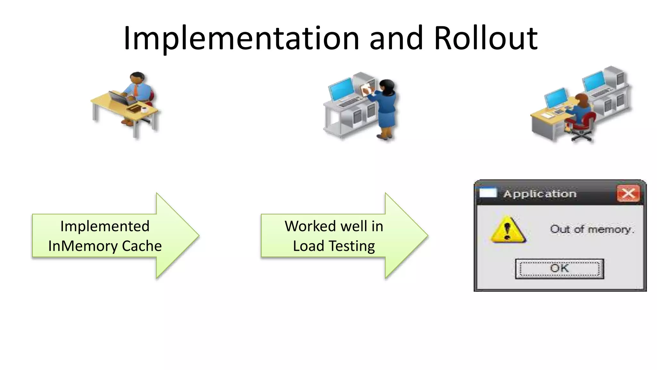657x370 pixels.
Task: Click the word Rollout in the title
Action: point(486,39)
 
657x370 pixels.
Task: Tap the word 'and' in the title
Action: point(396,39)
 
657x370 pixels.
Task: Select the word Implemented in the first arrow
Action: point(105,226)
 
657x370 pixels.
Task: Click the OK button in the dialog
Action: point(559,269)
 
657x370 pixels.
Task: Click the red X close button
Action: point(628,194)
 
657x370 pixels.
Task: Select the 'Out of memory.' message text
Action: point(592,229)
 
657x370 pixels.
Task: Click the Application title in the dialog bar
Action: point(540,194)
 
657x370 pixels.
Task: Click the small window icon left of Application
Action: point(488,193)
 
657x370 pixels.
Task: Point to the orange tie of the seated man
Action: point(136,90)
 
